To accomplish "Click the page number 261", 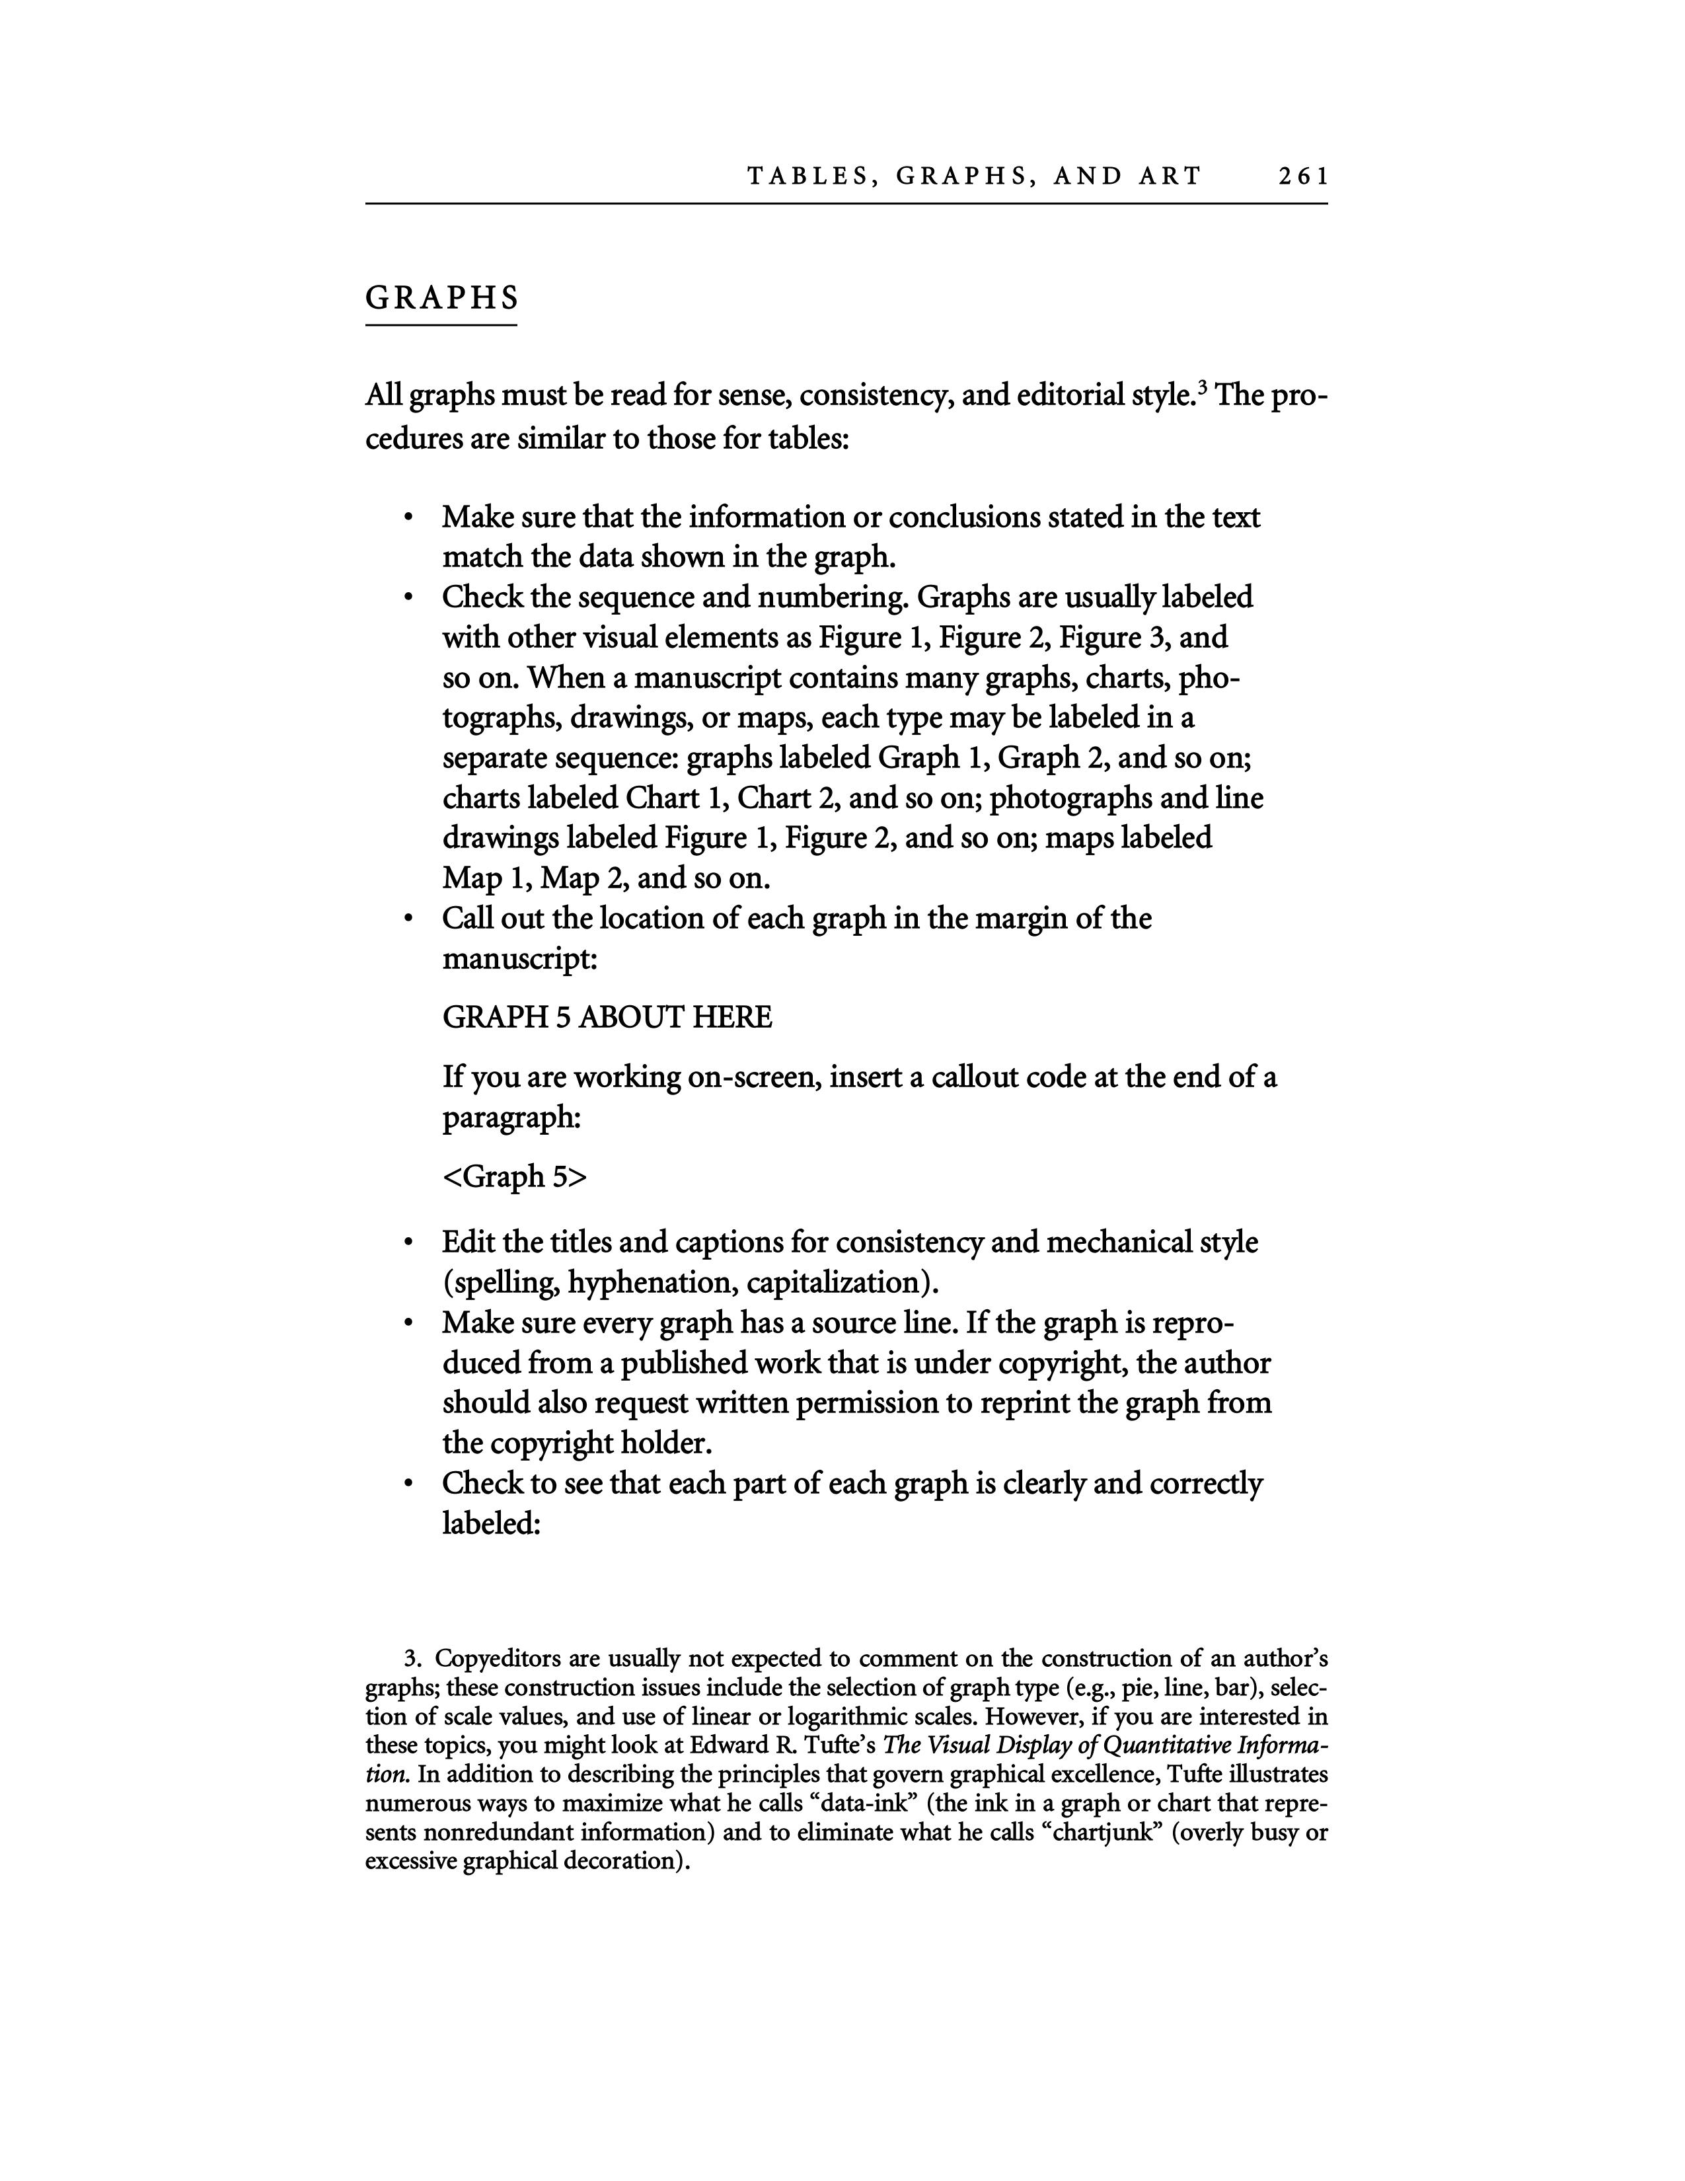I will [1302, 176].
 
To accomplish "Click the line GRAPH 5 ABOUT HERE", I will [607, 1018].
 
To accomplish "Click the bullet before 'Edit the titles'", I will [407, 1244].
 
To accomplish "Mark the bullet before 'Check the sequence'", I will [407, 599].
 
